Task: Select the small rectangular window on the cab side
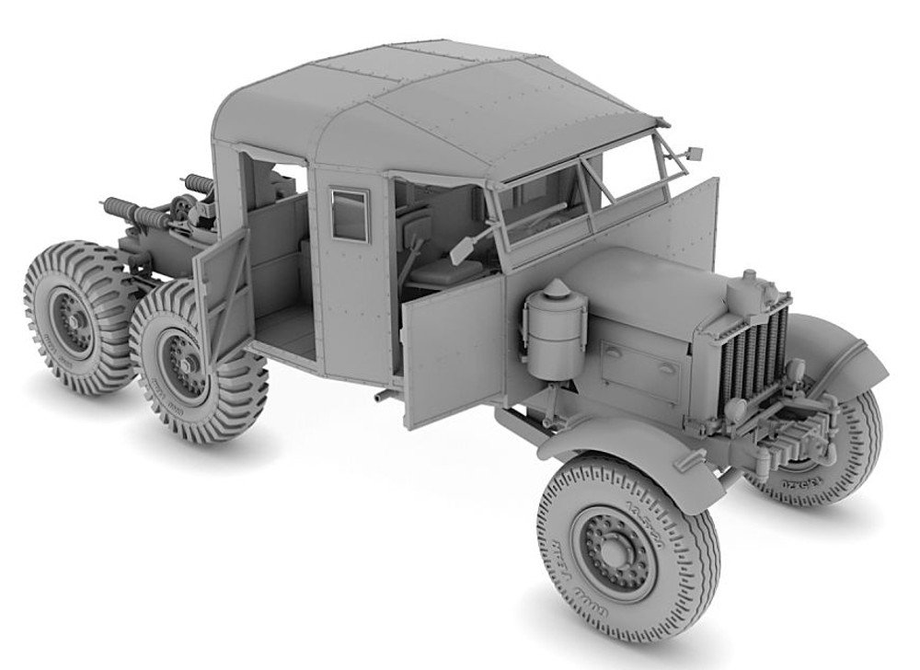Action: pyautogui.click(x=348, y=213)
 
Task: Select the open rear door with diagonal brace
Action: pyautogui.click(x=224, y=286)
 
